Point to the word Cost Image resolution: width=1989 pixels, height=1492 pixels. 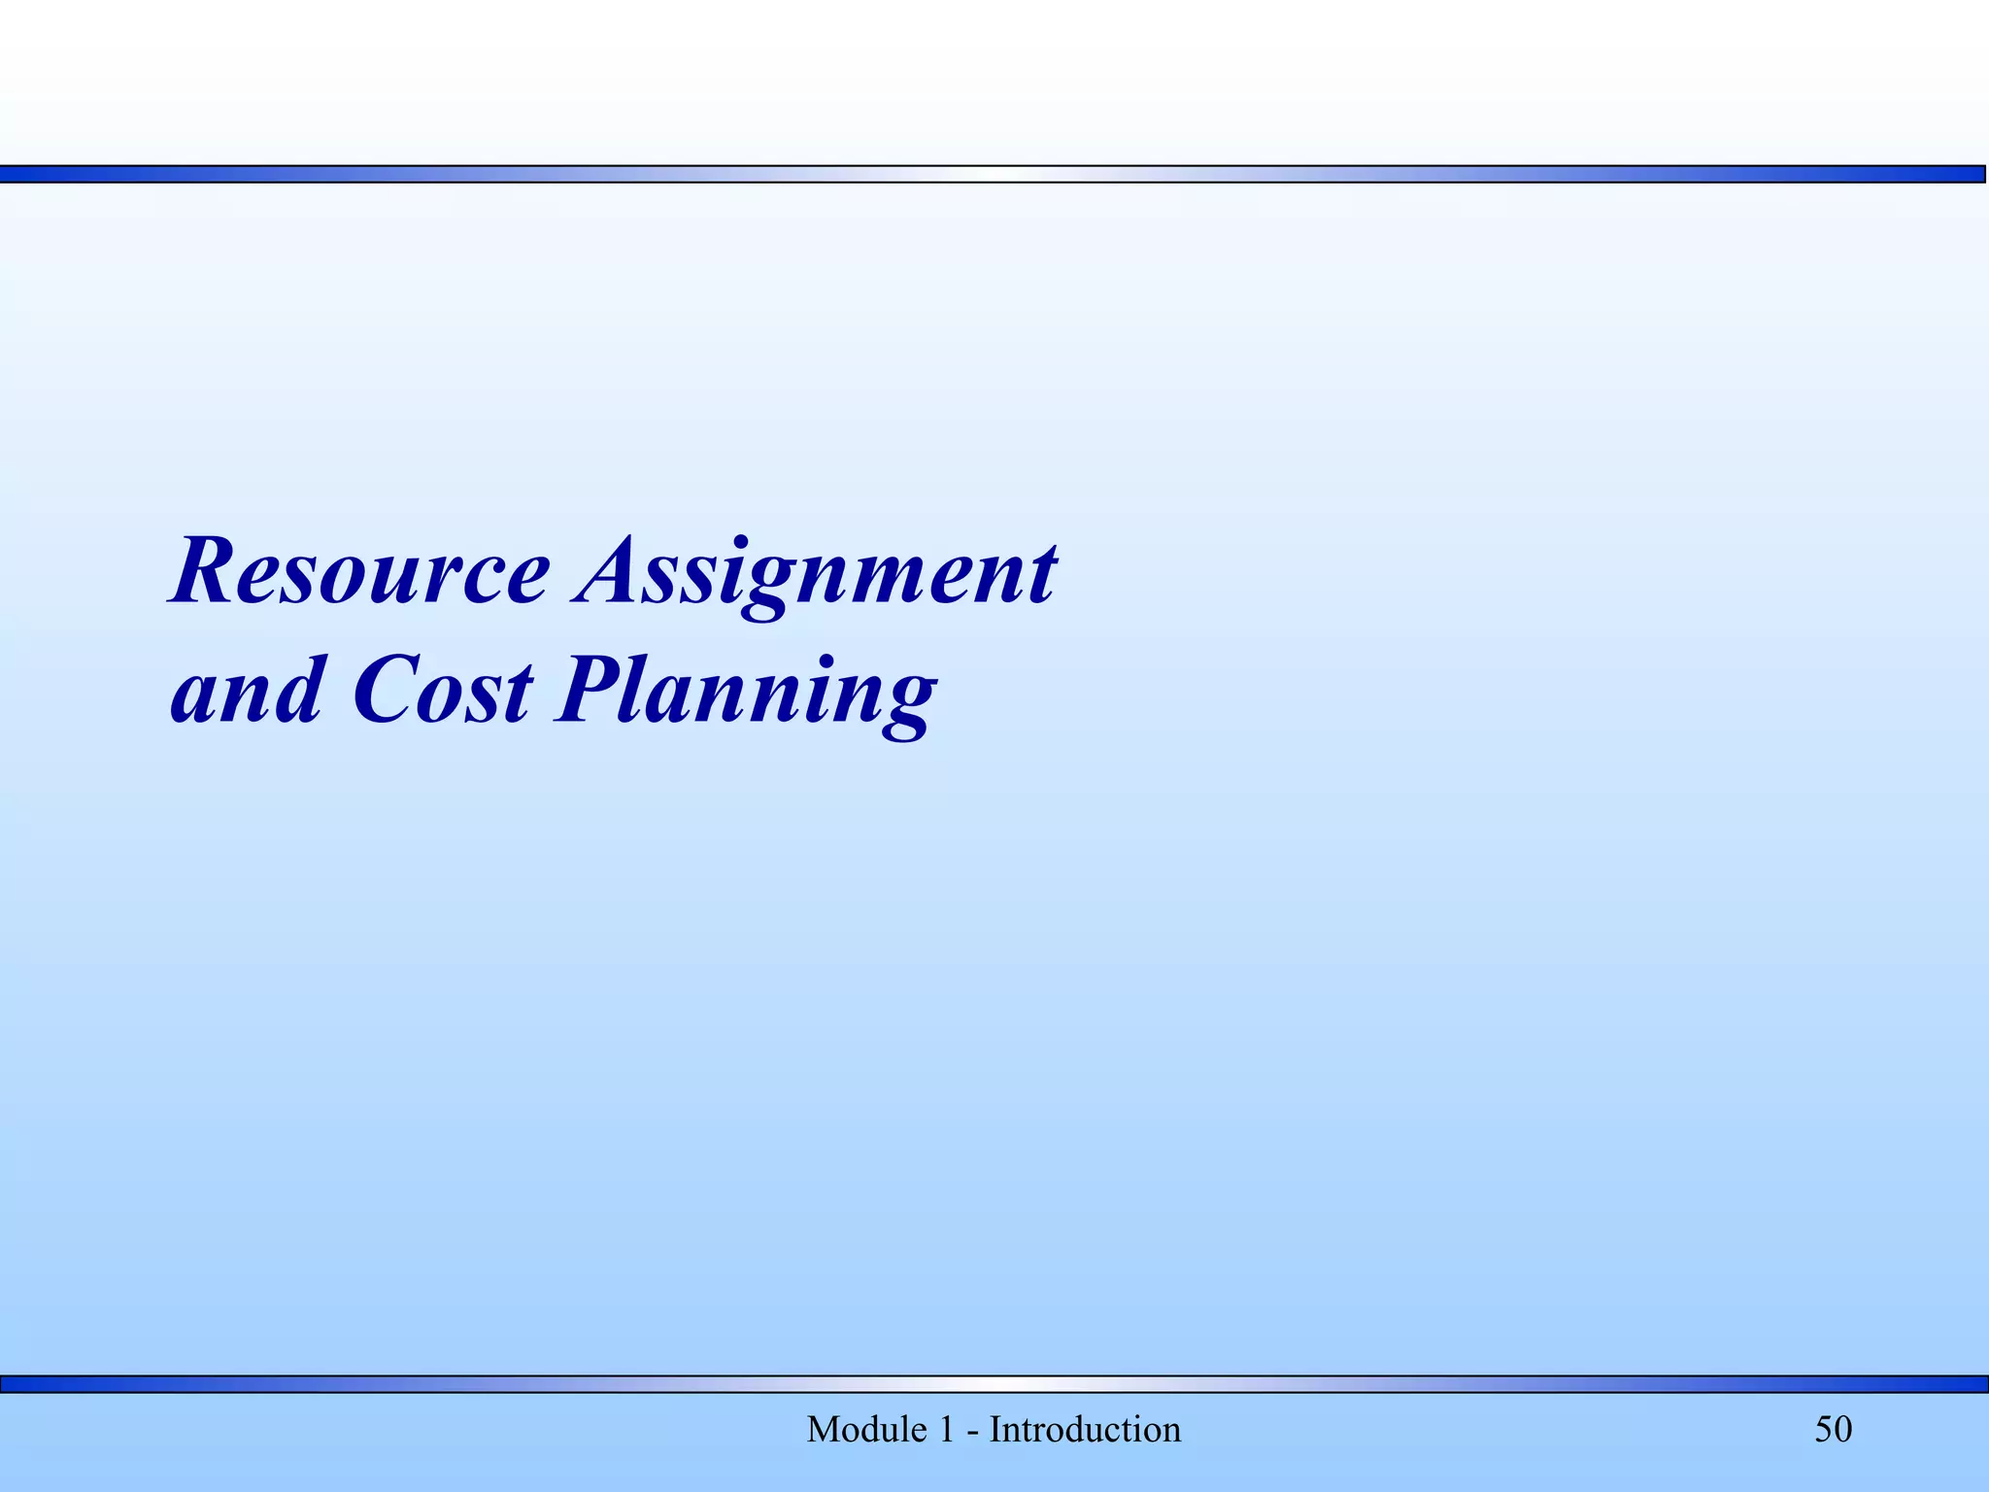point(442,692)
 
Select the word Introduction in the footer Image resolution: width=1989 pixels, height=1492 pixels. point(1085,1430)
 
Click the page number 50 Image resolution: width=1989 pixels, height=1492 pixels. point(1834,1430)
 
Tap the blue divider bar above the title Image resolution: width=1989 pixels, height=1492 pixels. point(994,174)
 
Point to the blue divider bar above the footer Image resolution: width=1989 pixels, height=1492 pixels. point(994,1384)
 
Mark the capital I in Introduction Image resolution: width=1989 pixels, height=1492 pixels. point(995,1430)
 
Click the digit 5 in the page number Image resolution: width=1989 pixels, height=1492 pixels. point(1824,1430)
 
